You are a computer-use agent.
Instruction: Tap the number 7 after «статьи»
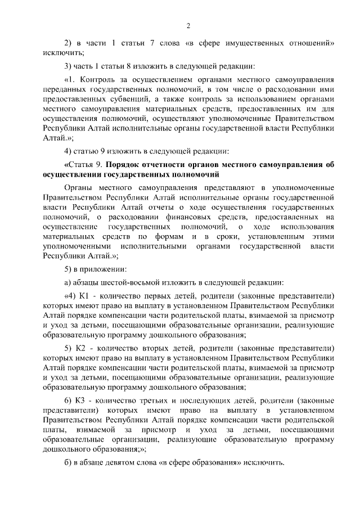point(155,43)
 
